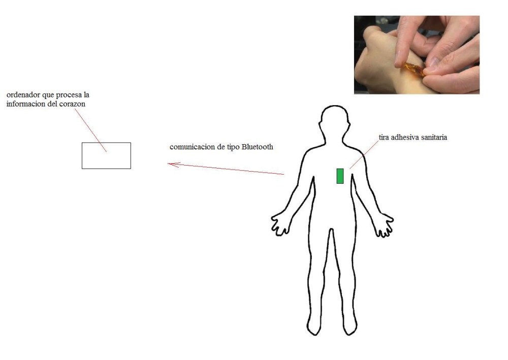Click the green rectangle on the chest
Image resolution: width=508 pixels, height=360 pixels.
click(x=340, y=176)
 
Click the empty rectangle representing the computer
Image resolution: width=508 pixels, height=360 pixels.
click(x=106, y=156)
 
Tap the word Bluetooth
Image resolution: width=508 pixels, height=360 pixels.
click(x=257, y=147)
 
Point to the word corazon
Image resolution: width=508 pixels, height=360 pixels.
click(x=72, y=104)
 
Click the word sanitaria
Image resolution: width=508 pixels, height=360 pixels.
click(x=433, y=137)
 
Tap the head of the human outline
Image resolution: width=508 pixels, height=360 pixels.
click(x=335, y=118)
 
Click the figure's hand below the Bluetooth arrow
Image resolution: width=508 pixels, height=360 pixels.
click(x=280, y=224)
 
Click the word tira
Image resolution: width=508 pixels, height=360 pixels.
click(x=384, y=137)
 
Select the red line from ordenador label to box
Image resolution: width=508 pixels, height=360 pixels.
click(x=90, y=130)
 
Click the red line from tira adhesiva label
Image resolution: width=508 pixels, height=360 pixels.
click(x=364, y=155)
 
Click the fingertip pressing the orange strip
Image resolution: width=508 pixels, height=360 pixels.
click(x=398, y=64)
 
